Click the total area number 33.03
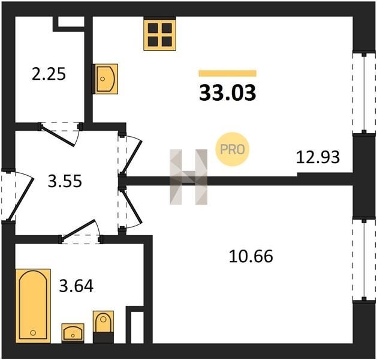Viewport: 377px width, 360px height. [227, 93]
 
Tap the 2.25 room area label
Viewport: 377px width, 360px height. [49, 74]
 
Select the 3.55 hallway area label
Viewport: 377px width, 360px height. [65, 181]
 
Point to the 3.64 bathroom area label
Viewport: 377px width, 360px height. [76, 286]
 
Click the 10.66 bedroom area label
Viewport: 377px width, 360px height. [251, 256]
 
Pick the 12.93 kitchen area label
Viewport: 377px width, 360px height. [318, 157]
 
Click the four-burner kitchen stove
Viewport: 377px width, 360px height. [160, 34]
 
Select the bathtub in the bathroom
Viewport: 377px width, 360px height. [33, 305]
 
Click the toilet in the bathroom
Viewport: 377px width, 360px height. [103, 327]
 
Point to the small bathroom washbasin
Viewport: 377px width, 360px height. [73, 333]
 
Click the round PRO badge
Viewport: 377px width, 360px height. [233, 149]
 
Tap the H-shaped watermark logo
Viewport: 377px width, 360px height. [188, 177]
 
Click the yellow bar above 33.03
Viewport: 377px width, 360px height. [227, 73]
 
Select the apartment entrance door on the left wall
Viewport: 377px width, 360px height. [17, 196]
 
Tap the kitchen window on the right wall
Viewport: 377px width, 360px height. [364, 92]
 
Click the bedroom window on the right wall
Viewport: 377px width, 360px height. [364, 260]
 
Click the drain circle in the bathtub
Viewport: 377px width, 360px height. [33, 333]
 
